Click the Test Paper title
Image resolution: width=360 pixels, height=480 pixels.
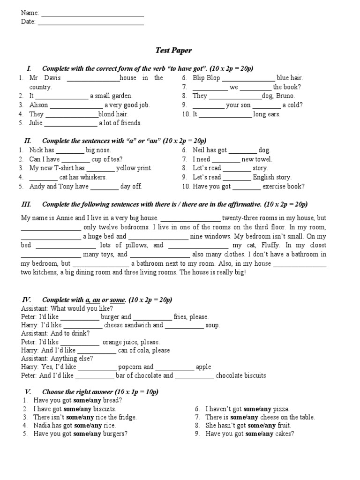[173, 50]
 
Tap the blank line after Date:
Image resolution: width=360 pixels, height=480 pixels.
[90, 22]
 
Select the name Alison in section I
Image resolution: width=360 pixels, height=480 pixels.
[38, 105]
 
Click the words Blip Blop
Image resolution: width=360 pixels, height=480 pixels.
[206, 78]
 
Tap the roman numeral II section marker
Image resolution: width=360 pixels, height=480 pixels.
[27, 141]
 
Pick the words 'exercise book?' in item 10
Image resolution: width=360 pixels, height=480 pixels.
[284, 187]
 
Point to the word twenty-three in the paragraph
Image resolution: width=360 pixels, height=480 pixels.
[242, 218]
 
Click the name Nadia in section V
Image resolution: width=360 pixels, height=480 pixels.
[43, 426]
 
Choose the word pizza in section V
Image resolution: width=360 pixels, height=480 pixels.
[282, 409]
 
